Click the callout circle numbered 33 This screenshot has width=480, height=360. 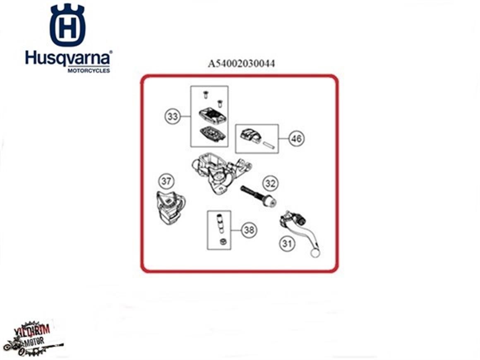(x=173, y=117)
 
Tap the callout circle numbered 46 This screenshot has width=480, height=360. (x=296, y=139)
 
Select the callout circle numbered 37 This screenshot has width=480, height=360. (x=167, y=181)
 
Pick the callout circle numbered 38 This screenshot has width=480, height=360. (x=249, y=230)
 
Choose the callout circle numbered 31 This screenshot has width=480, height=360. (x=286, y=244)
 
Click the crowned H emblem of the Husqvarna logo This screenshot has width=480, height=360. (x=67, y=26)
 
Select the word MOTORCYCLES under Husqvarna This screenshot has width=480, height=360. (x=89, y=71)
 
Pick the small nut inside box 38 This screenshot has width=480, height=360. (x=222, y=242)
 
